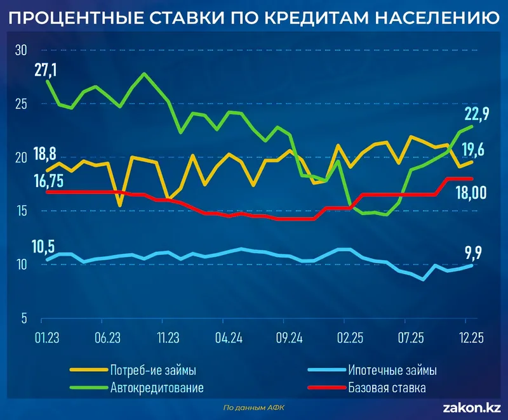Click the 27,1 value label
46,69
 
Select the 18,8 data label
44,153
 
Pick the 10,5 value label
45,246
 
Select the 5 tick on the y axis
22,317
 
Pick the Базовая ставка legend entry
387,386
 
